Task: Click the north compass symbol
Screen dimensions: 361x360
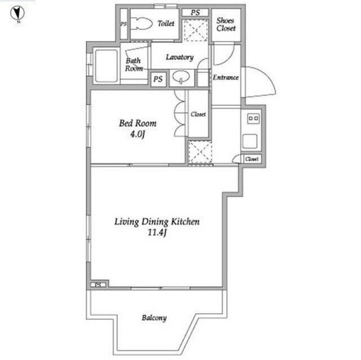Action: (x=17, y=14)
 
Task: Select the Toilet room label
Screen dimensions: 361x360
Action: (x=166, y=24)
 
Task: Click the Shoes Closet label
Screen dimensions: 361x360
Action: (x=226, y=24)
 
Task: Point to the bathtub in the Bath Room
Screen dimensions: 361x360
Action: (x=106, y=66)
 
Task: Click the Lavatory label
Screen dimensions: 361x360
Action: (x=179, y=57)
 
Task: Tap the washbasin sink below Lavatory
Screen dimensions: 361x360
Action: (x=182, y=77)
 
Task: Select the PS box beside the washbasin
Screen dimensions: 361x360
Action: (x=158, y=79)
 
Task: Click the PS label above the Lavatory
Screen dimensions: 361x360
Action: (x=195, y=12)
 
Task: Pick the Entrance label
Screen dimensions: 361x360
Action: (x=226, y=78)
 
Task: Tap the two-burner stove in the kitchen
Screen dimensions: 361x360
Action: (x=253, y=119)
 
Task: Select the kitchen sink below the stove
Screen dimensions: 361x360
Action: (x=250, y=141)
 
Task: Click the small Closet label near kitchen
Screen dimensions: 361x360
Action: (x=252, y=159)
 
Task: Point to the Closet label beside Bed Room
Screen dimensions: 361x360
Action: (x=198, y=114)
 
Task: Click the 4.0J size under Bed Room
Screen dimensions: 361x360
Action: (x=138, y=134)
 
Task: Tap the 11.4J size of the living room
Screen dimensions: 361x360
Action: (x=157, y=233)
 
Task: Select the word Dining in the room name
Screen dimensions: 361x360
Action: (x=155, y=222)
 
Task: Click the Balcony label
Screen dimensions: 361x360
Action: (x=154, y=318)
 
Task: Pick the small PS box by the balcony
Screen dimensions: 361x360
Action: (x=98, y=285)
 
